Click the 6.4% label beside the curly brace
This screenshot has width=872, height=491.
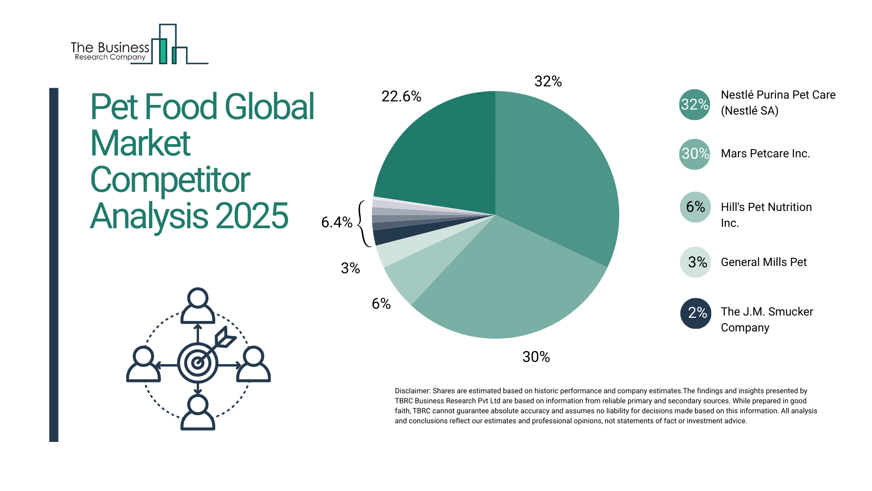(337, 222)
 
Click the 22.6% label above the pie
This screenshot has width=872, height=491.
(401, 96)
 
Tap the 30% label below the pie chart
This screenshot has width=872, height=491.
(536, 357)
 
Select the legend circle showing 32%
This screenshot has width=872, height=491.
(694, 105)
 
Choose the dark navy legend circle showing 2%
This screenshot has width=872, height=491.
(695, 313)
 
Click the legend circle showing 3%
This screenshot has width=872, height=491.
(695, 262)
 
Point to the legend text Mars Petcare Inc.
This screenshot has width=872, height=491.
(765, 154)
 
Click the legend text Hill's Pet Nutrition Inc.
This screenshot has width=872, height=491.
(766, 215)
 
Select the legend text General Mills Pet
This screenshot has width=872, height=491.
(763, 262)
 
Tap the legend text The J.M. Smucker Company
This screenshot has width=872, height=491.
(767, 319)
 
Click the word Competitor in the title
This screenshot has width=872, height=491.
(170, 180)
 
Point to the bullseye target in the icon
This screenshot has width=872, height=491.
(198, 363)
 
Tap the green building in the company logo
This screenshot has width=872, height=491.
(163, 51)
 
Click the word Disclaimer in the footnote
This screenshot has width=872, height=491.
(412, 391)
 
